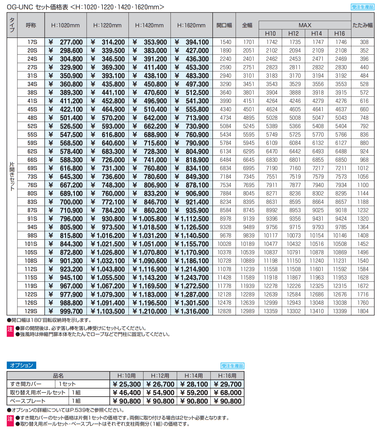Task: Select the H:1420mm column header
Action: coord(149,25)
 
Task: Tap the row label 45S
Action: coord(32,109)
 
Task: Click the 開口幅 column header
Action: coord(224,25)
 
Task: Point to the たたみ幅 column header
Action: coord(363,25)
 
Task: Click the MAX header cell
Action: coord(305,25)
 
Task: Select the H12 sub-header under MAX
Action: coord(293,34)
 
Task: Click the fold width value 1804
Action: coord(363,311)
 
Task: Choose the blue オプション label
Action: coord(22,365)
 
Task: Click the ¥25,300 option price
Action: coord(127,384)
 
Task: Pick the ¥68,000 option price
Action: coord(227,393)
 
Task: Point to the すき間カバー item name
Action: coord(26,384)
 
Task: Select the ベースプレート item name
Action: coord(28,401)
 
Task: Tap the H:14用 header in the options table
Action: coord(194,376)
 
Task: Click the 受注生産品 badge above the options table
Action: coord(232,366)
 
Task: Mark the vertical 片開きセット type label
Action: coord(12,176)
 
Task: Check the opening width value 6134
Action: coord(225,151)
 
